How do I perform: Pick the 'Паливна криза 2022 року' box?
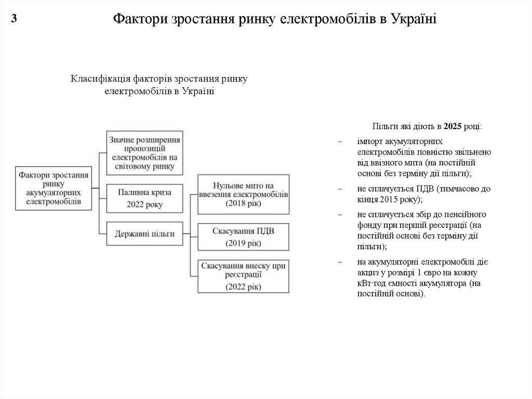pyautogui.click(x=144, y=198)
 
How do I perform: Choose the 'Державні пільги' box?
pyautogui.click(x=144, y=234)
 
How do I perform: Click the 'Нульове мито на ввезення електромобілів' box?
pyautogui.click(x=243, y=194)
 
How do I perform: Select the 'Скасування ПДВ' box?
pyautogui.click(x=243, y=237)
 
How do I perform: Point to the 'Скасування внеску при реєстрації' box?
pyautogui.click(x=243, y=276)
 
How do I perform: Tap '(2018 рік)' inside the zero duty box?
pyautogui.click(x=243, y=203)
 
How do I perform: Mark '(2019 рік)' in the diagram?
pyautogui.click(x=243, y=243)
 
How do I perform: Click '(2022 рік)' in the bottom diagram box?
pyautogui.click(x=243, y=286)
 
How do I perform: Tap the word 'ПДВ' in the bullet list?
pyautogui.click(x=425, y=189)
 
